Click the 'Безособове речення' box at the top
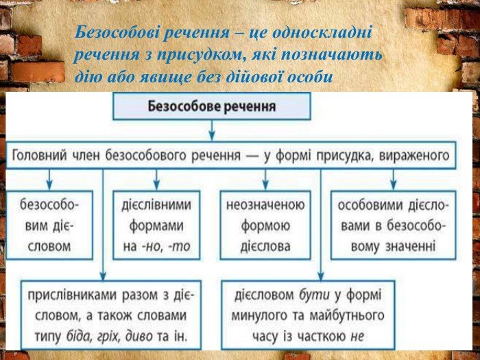click(x=212, y=106)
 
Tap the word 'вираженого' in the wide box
click(x=414, y=156)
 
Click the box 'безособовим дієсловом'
click(x=49, y=226)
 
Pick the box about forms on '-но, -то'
click(x=156, y=226)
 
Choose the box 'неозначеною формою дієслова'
click(x=265, y=226)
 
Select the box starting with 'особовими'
click(x=394, y=226)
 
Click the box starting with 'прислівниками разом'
click(x=111, y=315)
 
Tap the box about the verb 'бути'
click(x=308, y=315)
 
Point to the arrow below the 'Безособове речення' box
click(x=212, y=130)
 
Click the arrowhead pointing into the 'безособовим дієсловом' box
click(x=49, y=186)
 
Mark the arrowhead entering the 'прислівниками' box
click(x=103, y=276)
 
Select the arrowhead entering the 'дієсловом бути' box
click(x=320, y=276)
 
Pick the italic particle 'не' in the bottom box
click(x=357, y=337)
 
